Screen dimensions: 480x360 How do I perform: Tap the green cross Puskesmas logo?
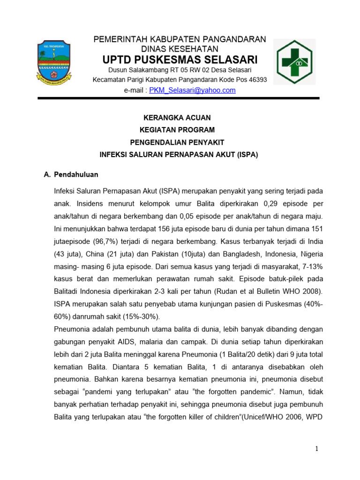[x=298, y=61]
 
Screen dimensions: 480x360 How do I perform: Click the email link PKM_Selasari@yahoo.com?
[x=192, y=90]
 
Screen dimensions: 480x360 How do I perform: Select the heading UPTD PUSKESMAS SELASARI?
[x=180, y=60]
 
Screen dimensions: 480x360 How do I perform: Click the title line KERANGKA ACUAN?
[x=180, y=117]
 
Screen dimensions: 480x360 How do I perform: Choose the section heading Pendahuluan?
[x=76, y=174]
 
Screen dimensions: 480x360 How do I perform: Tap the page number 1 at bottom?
[x=317, y=449]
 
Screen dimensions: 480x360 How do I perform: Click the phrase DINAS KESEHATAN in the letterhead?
[x=180, y=49]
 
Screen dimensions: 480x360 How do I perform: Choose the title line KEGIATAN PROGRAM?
[x=180, y=129]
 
